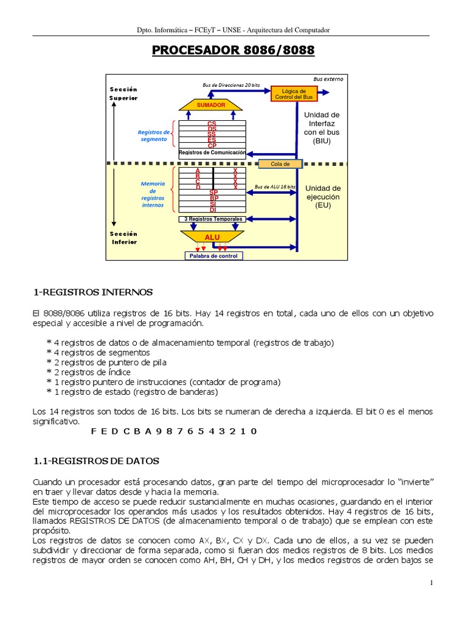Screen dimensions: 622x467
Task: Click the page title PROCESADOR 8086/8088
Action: coord(233,50)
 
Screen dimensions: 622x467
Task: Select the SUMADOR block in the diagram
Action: coord(211,105)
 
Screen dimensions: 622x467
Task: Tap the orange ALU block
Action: coord(212,236)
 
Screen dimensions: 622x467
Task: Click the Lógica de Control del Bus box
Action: coord(294,94)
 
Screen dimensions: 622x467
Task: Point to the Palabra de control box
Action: coord(214,256)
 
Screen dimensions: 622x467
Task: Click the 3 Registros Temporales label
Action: coord(213,219)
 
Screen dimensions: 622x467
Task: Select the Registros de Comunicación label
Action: coord(212,152)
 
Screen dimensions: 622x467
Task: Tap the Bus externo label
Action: coord(328,79)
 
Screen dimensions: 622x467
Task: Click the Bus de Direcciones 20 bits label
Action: coord(231,85)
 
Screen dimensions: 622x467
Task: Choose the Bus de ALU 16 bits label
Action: coord(275,186)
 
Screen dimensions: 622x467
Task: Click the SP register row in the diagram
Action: coord(213,193)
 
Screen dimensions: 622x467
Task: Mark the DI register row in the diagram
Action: coord(213,210)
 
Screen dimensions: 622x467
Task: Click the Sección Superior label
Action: coord(123,94)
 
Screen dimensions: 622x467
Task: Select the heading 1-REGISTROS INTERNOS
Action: coord(92,293)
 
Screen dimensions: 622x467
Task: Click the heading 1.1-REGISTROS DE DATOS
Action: coord(95,461)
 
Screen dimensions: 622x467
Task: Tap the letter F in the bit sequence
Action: coord(94,431)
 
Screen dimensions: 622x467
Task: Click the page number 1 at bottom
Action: coord(431,583)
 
